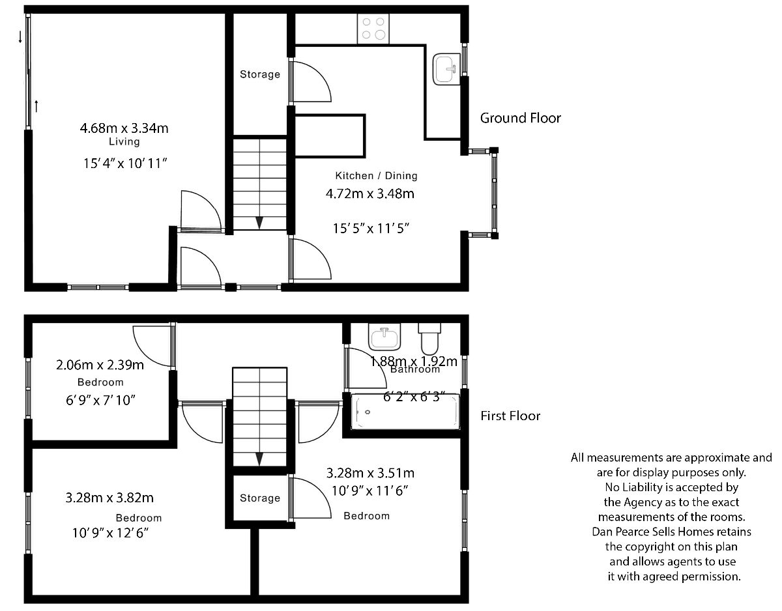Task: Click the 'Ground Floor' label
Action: click(x=521, y=118)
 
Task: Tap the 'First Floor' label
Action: click(x=510, y=416)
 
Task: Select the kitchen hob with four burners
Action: click(x=373, y=29)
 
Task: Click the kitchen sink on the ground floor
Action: click(x=446, y=69)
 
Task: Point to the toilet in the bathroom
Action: click(x=429, y=339)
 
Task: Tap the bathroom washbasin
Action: click(x=384, y=337)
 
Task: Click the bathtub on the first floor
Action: click(x=405, y=412)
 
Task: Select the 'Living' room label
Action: click(x=124, y=141)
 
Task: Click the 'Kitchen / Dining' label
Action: click(x=376, y=175)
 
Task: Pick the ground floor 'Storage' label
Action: click(x=260, y=74)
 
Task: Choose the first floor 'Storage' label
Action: click(x=260, y=498)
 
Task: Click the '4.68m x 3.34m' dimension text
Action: click(x=124, y=128)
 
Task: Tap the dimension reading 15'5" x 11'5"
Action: click(x=371, y=229)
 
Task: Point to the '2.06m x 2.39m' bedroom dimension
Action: click(x=100, y=365)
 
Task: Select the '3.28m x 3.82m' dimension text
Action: click(x=109, y=498)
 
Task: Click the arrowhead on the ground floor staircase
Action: click(x=259, y=223)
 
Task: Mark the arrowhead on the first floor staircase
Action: click(x=259, y=459)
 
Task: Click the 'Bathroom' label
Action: click(x=415, y=369)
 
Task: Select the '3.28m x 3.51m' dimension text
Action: click(x=370, y=473)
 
